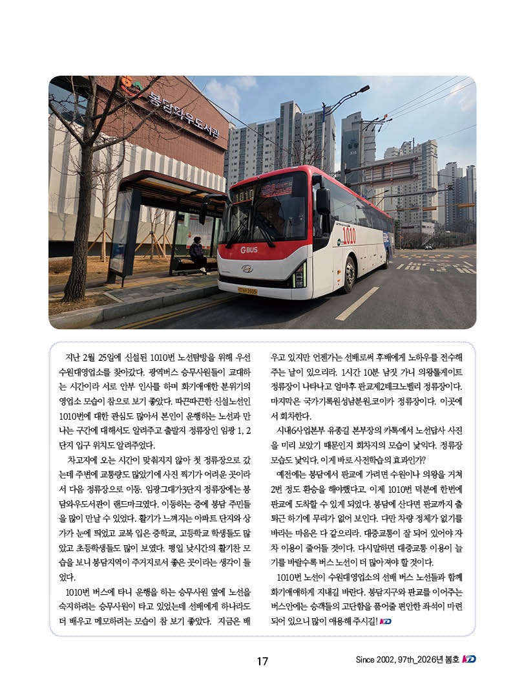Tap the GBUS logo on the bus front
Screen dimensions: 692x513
pyautogui.click(x=249, y=250)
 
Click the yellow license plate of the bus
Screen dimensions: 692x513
pyautogui.click(x=247, y=291)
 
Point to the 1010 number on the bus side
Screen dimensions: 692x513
pyautogui.click(x=349, y=235)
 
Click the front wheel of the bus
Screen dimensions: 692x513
pyautogui.click(x=349, y=274)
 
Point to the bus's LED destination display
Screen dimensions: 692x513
pyautogui.click(x=244, y=194)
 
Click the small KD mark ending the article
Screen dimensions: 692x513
pyautogui.click(x=386, y=622)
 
